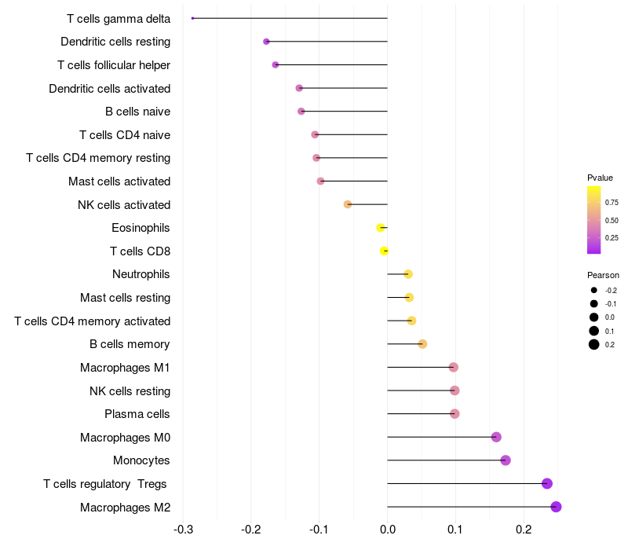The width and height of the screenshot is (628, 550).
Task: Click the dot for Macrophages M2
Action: point(556,507)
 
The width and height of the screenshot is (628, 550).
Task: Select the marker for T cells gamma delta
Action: point(192,18)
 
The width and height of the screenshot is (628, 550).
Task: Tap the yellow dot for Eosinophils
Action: point(381,228)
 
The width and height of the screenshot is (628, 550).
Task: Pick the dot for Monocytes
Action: point(506,460)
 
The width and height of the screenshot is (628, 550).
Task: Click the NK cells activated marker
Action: point(348,204)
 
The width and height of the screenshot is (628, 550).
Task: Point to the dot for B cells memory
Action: point(422,344)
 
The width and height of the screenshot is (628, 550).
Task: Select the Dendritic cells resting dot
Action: point(266,42)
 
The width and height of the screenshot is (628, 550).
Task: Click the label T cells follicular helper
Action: point(114,64)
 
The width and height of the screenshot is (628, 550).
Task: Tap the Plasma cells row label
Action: point(137,414)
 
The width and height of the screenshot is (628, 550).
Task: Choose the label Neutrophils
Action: point(141,274)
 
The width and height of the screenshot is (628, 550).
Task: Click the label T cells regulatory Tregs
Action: point(105,484)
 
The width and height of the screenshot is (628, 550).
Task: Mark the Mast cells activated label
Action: point(119,181)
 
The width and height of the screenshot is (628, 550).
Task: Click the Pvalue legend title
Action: point(600,178)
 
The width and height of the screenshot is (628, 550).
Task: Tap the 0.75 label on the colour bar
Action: point(612,202)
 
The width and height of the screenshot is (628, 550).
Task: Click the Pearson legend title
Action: point(603,276)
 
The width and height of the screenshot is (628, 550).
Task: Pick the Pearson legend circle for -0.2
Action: point(594,291)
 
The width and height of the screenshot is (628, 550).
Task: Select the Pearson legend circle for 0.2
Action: point(594,344)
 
